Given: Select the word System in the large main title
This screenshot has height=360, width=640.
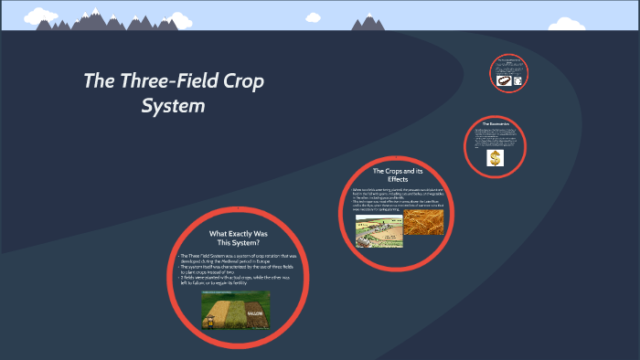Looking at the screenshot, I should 173,106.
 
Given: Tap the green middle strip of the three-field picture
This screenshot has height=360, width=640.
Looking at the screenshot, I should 234,311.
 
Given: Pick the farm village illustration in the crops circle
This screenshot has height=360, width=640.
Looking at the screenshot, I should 378,231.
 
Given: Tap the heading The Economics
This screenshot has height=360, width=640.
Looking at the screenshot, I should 496,123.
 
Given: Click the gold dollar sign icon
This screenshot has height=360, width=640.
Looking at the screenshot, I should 496,158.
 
